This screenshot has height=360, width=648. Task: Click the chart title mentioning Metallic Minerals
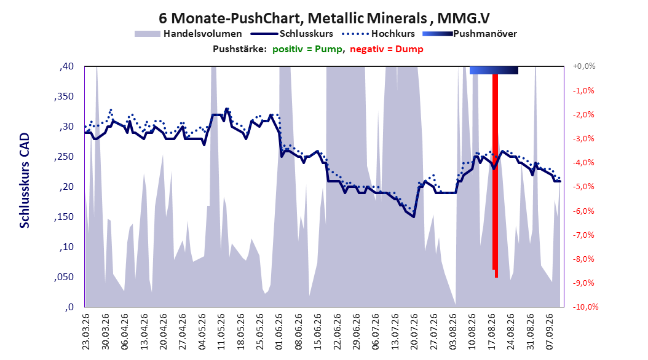[324, 18]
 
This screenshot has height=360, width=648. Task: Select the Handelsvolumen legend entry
[188, 34]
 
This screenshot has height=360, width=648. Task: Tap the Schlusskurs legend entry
[292, 34]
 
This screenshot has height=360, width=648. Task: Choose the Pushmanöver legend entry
[470, 34]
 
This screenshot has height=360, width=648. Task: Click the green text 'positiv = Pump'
[307, 49]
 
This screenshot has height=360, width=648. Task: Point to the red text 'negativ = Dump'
[387, 49]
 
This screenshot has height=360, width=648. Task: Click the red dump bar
[495, 176]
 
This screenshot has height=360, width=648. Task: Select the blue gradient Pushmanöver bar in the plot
[494, 70]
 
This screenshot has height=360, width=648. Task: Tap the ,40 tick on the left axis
[66, 66]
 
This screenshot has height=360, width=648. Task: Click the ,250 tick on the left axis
[64, 157]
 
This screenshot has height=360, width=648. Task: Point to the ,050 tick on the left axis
[64, 277]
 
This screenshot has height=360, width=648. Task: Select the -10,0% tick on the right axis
[585, 307]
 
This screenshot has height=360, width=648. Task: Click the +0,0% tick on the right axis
[584, 66]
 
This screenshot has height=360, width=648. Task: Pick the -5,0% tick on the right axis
[583, 187]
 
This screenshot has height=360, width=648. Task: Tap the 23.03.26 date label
[86, 332]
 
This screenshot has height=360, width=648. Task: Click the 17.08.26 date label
[492, 332]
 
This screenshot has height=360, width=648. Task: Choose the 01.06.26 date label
[279, 332]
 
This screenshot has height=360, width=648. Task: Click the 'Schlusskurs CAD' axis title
[25, 181]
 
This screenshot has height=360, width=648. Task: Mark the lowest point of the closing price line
[414, 217]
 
